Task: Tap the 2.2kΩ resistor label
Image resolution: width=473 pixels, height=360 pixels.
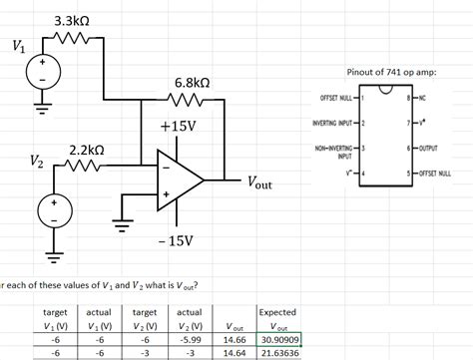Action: pos(86,150)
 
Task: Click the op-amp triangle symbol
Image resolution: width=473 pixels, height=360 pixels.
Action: pos(178,180)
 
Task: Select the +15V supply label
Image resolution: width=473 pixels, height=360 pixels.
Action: pos(178,128)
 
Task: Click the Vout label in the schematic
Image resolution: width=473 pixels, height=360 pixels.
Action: pos(256,183)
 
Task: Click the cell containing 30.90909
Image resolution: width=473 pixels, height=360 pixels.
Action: pos(278,338)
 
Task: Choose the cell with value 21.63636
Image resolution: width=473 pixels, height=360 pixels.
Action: pos(278,353)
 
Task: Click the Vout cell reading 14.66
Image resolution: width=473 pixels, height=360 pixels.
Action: pos(236,338)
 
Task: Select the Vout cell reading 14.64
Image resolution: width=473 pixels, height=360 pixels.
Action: pos(236,353)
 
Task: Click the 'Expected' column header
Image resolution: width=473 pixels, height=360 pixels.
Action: pos(277,311)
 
